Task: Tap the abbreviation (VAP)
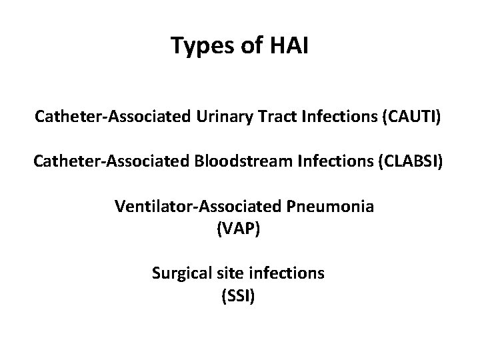[x=240, y=229]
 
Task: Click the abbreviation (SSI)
[x=238, y=296]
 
